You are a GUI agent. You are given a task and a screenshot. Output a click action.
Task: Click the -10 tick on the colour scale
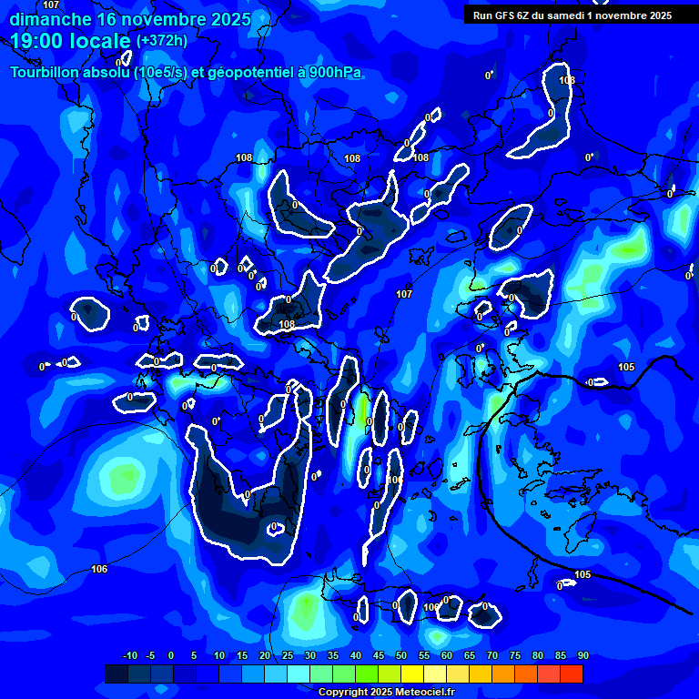click(x=129, y=656)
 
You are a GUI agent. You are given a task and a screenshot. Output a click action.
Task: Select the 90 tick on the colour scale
click(x=582, y=656)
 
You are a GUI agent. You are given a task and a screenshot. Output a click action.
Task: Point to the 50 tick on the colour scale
click(x=401, y=656)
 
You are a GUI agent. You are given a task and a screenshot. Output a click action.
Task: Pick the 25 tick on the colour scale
click(x=288, y=656)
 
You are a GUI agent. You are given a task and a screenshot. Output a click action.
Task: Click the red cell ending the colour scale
click(x=572, y=674)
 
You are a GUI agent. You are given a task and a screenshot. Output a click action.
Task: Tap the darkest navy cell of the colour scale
click(x=116, y=674)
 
